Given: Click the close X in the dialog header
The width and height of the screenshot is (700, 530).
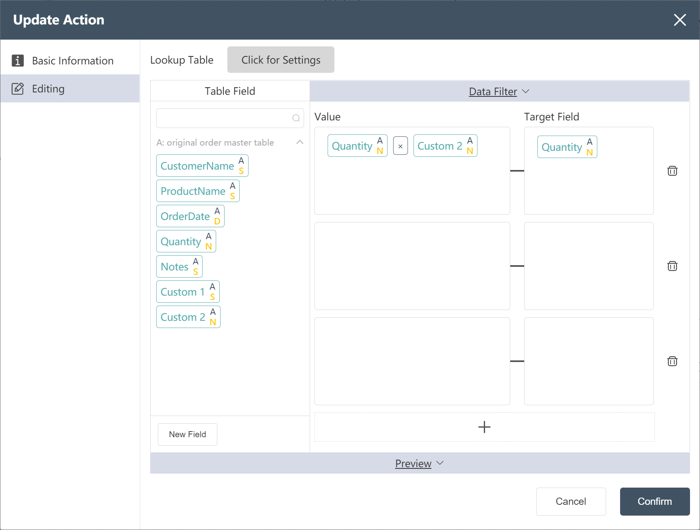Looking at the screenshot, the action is pyautogui.click(x=680, y=20).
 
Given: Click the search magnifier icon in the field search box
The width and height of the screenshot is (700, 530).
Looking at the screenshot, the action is pyautogui.click(x=296, y=118).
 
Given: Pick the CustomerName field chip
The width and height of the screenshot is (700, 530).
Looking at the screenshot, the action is pyautogui.click(x=202, y=166).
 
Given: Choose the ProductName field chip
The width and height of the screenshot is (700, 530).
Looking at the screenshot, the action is pyautogui.click(x=198, y=191).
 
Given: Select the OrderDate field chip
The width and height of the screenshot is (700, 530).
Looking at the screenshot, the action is pyautogui.click(x=190, y=216).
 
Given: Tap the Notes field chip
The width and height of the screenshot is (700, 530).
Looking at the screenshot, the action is pyautogui.click(x=179, y=266).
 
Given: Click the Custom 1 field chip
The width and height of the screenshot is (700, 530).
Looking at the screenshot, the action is pyautogui.click(x=188, y=292).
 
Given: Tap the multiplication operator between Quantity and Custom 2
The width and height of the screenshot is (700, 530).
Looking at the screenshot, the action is pyautogui.click(x=400, y=146).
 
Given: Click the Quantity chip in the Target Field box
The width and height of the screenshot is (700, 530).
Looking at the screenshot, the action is pyautogui.click(x=567, y=147).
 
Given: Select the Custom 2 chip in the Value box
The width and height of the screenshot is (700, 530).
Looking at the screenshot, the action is pyautogui.click(x=445, y=146).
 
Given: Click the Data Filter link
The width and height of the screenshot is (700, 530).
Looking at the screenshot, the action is pyautogui.click(x=493, y=92).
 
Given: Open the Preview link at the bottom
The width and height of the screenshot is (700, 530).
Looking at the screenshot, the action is pyautogui.click(x=413, y=463).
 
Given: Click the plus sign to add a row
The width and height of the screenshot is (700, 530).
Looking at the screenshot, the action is pyautogui.click(x=484, y=427).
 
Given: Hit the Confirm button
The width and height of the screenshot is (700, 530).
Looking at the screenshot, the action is pyautogui.click(x=655, y=501).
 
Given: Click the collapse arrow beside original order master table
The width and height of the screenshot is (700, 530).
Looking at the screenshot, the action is pyautogui.click(x=300, y=142).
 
